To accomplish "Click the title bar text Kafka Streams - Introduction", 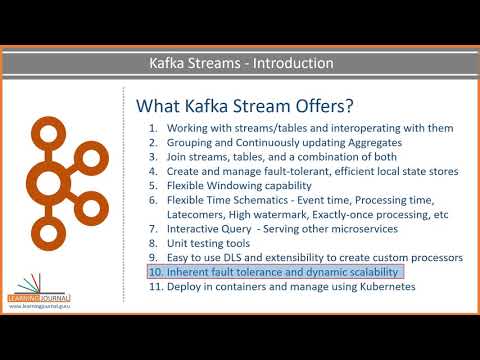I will [x=240, y=64].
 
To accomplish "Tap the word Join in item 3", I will [x=178, y=157].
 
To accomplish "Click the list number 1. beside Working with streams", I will [x=153, y=129].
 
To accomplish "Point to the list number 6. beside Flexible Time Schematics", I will [x=153, y=200].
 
